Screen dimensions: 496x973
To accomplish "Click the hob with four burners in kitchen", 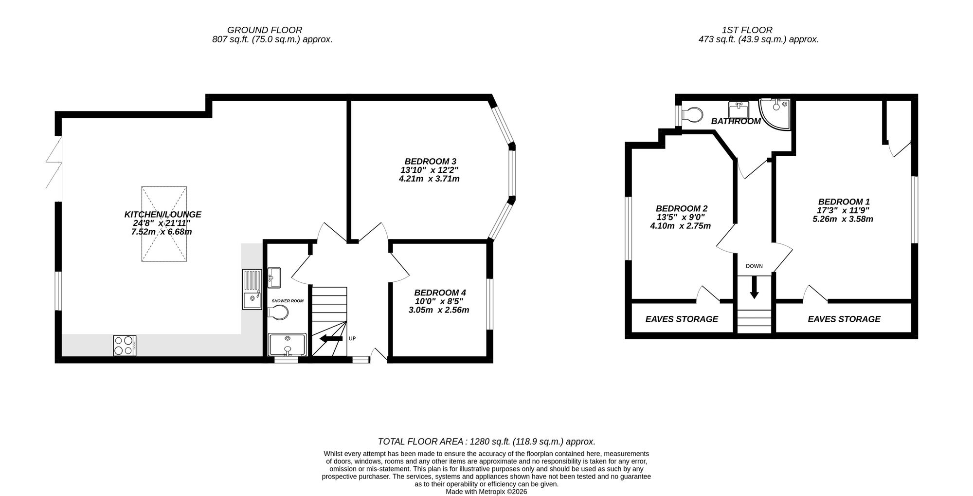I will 125,345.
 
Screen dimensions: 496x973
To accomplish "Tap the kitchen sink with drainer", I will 252,290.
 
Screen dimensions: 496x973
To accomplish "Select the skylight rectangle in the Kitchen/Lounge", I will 164,223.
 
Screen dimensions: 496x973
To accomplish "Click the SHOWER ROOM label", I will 288,301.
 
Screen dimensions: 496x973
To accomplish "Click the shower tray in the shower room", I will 287,345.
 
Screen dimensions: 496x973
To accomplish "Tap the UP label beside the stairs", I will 352,338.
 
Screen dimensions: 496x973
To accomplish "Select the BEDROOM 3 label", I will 430,161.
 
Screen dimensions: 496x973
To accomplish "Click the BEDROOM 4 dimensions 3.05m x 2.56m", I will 439,310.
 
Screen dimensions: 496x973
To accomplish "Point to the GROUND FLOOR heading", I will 265,30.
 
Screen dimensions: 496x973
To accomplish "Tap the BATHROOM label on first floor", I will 736,121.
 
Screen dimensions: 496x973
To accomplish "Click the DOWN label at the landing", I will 754,266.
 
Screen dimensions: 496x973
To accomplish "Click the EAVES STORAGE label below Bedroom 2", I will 682,319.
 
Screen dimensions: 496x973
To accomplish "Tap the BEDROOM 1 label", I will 844,202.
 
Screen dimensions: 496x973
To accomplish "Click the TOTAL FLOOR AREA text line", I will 486,441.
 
